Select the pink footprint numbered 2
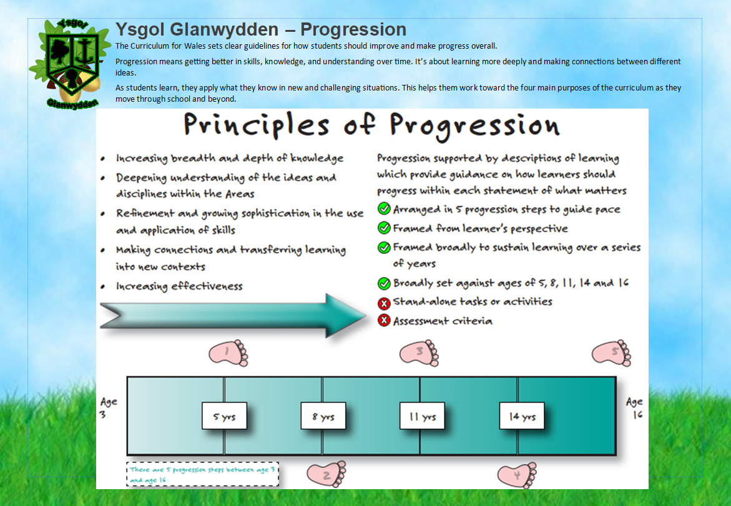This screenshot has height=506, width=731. click(326, 474)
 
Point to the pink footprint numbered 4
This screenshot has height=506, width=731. click(517, 474)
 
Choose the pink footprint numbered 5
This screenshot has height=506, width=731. click(612, 354)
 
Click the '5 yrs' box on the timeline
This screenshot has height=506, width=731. click(224, 416)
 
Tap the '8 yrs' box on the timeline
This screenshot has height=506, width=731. click(323, 416)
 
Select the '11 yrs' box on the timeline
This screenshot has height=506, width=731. click(422, 416)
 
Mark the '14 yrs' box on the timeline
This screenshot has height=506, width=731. click(522, 416)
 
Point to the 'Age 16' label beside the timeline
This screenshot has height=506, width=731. click(634, 409)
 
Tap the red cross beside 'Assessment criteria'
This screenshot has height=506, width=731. click(384, 321)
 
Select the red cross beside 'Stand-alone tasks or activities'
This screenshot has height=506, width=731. click(384, 303)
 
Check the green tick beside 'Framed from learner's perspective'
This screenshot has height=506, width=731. click(384, 228)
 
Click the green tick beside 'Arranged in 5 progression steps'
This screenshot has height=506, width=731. click(384, 209)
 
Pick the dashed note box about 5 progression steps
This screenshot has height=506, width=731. click(203, 474)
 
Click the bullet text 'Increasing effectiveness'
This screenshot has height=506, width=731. click(179, 286)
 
